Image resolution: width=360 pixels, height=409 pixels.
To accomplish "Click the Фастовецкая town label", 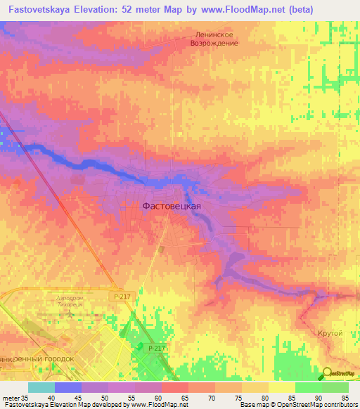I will (172, 206).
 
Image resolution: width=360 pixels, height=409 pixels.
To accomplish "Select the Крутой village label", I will (329, 332).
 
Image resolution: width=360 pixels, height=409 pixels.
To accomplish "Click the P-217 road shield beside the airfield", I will (120, 297).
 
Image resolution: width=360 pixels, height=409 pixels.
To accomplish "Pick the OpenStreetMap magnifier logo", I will (326, 372).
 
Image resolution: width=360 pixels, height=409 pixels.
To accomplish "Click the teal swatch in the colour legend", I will (41, 387).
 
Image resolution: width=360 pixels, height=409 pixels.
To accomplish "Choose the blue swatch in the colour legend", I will (67, 387).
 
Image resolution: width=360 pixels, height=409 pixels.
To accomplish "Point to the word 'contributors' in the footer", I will (336, 405).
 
